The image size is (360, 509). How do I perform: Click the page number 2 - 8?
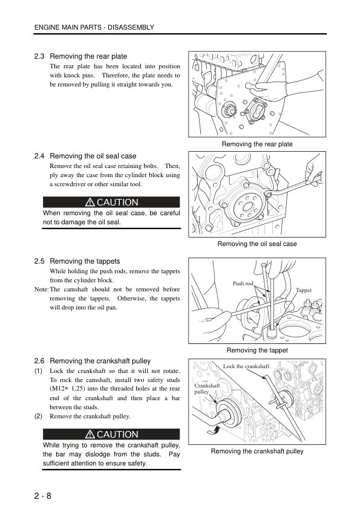(x=43, y=496)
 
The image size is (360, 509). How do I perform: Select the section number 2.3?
(x=39, y=56)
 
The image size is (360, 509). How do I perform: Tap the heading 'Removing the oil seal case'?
(x=93, y=156)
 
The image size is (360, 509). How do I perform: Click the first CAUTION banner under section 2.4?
(x=111, y=202)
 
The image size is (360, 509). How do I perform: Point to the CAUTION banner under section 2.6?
(x=111, y=434)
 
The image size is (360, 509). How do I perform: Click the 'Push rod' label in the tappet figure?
(x=243, y=284)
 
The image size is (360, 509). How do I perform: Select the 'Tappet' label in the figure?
(x=304, y=290)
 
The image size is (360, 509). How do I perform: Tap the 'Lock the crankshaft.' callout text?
(x=247, y=366)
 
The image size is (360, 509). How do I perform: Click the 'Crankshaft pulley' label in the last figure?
(x=207, y=389)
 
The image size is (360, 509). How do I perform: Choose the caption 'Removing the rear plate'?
(x=257, y=144)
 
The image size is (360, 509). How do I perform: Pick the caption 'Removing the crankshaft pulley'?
(x=257, y=451)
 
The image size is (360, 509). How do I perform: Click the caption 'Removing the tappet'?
(x=257, y=350)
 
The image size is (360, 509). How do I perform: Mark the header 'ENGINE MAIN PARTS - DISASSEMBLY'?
(x=94, y=28)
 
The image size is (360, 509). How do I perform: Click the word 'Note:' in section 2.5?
(x=42, y=289)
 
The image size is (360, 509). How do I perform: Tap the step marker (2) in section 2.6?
(x=38, y=416)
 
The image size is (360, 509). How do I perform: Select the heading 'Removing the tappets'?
(x=85, y=261)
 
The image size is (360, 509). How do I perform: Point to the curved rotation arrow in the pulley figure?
(x=213, y=430)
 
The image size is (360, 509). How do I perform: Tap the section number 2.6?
(x=39, y=361)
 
